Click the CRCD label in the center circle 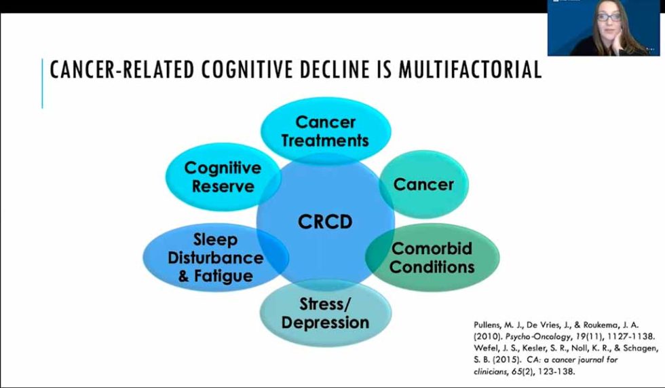(325, 222)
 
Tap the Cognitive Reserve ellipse (223, 177)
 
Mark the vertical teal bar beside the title (42, 83)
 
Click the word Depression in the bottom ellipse (325, 321)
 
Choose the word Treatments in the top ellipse (325, 141)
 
